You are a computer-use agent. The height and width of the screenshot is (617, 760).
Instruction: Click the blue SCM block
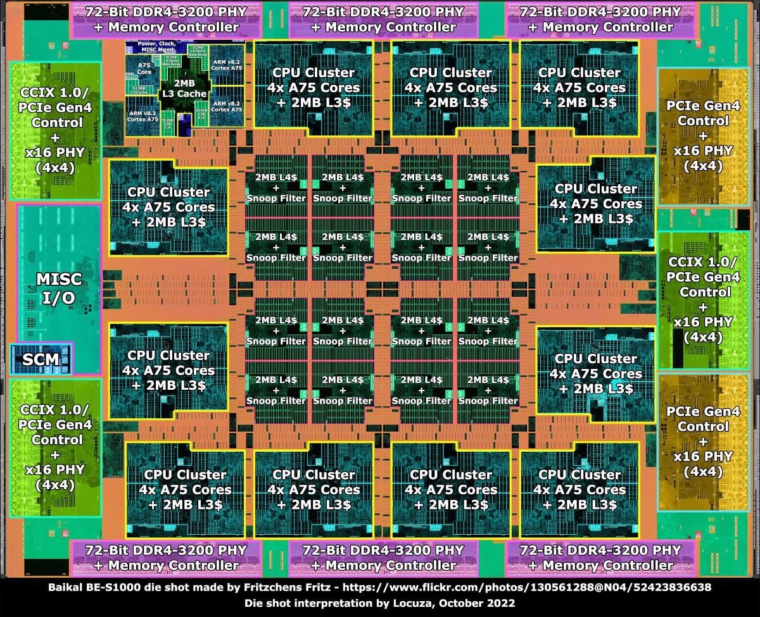point(41,359)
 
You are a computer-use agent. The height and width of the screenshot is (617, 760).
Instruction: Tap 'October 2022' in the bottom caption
point(488,604)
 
